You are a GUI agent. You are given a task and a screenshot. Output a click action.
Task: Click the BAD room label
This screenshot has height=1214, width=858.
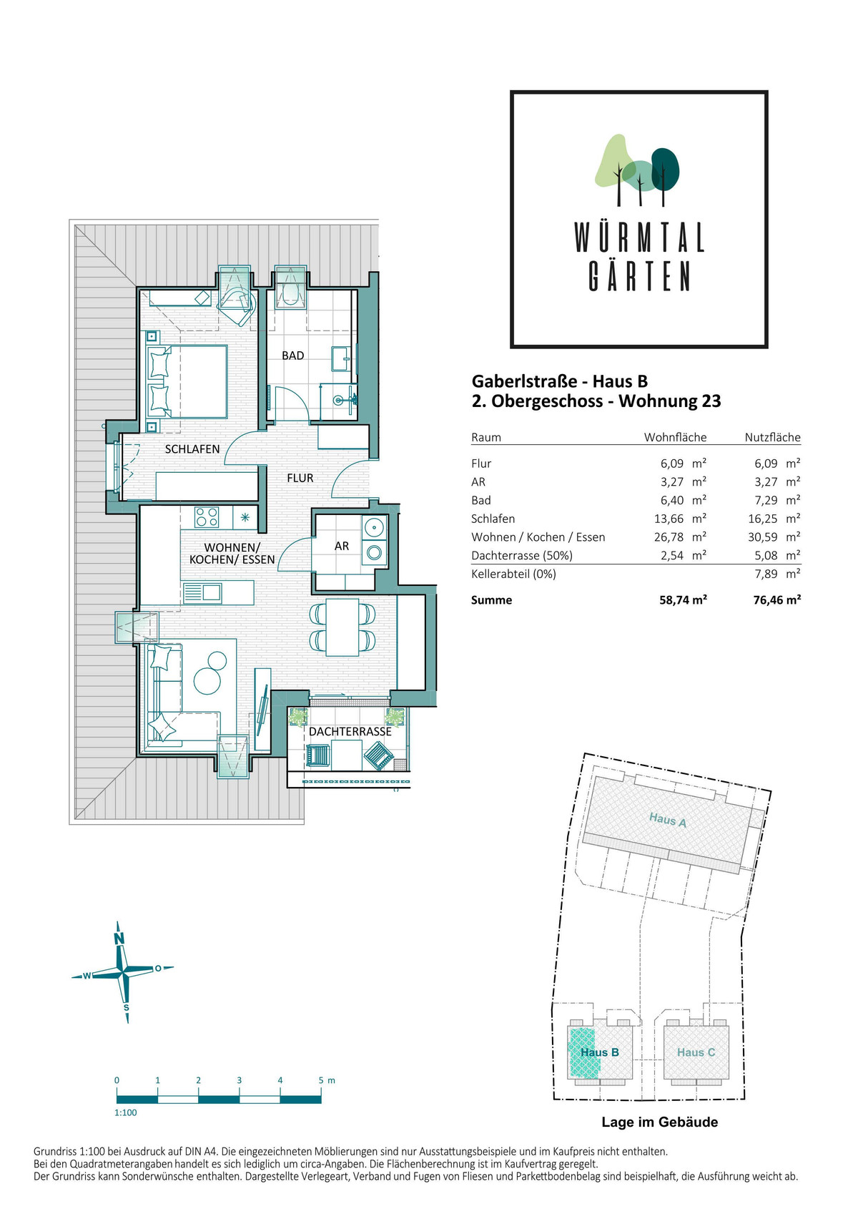tap(292, 356)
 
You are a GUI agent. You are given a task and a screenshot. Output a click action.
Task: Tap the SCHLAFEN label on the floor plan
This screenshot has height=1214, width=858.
tap(192, 449)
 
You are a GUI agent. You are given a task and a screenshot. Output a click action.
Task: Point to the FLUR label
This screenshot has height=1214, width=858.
tap(300, 477)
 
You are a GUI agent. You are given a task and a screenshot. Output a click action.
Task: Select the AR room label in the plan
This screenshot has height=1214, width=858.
tap(341, 546)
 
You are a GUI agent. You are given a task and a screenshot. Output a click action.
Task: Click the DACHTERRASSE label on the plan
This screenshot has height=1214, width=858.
tap(350, 731)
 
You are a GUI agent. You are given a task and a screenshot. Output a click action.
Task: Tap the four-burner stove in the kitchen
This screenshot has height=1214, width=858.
tap(207, 517)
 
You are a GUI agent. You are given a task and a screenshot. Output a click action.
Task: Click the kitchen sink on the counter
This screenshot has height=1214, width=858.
tap(202, 592)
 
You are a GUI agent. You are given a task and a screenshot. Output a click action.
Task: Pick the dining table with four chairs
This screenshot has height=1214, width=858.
tap(342, 627)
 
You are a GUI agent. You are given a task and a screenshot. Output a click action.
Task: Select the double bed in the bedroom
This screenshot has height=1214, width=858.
tap(187, 381)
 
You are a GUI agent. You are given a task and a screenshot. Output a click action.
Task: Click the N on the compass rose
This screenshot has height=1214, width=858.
tap(119, 939)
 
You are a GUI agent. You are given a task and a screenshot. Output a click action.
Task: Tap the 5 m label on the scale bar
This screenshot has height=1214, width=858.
tap(327, 1080)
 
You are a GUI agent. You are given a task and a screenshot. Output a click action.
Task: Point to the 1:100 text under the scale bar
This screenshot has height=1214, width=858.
tap(125, 1112)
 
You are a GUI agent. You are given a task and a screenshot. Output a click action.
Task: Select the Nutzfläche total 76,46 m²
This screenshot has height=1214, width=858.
tap(776, 599)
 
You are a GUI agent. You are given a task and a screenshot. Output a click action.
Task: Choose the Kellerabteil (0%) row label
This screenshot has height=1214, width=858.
tap(513, 574)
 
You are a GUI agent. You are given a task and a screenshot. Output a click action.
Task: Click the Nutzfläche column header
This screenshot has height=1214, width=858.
tap(772, 437)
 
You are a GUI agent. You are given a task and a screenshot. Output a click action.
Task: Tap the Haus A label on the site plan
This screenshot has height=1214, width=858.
tap(667, 820)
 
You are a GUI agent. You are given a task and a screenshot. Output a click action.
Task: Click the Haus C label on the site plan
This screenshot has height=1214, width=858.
tap(696, 1052)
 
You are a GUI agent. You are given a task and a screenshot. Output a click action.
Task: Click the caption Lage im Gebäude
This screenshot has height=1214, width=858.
tap(660, 1122)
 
